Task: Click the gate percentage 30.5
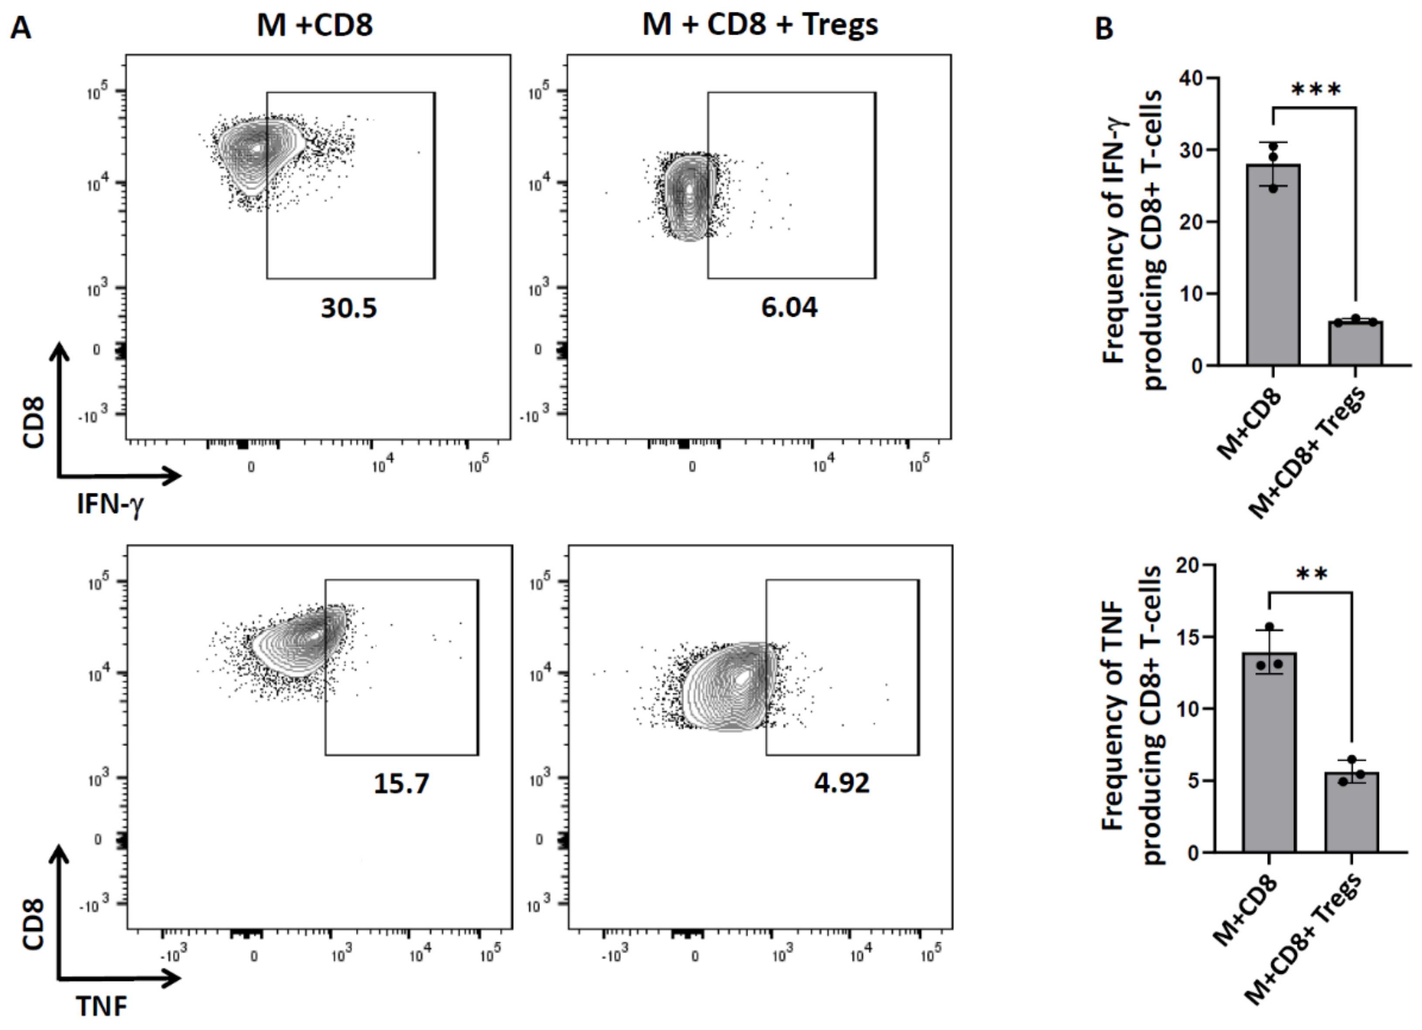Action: click(349, 308)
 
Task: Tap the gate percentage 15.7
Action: click(401, 783)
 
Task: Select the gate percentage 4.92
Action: click(842, 783)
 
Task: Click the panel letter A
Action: click(21, 28)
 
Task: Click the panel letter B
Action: click(1104, 28)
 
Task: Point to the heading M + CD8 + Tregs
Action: click(760, 25)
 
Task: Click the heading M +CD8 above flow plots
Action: click(315, 25)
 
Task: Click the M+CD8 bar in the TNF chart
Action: click(1269, 753)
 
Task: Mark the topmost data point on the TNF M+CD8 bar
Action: click(1270, 627)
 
